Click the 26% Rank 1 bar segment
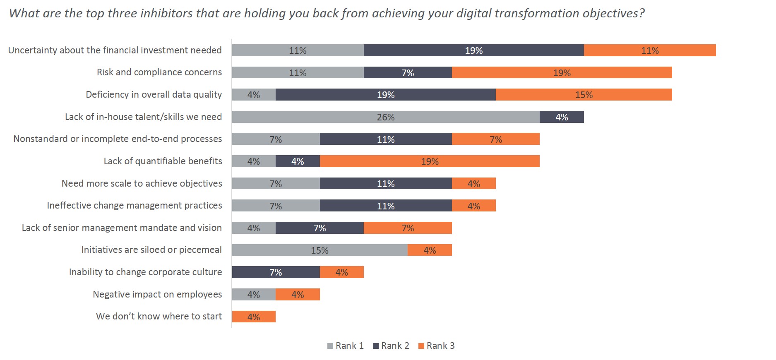386,117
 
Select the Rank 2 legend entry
391,346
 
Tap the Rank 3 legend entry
436,346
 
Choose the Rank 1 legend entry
345,346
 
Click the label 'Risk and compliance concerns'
159,72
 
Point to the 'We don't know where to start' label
159,317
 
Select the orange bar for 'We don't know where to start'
254,317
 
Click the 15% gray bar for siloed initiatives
320,250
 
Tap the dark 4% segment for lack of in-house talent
562,117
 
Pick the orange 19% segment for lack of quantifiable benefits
430,161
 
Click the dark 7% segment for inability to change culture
276,272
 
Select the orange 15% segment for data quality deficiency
584,95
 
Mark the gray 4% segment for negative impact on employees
254,295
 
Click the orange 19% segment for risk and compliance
562,73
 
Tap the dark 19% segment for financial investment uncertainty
474,50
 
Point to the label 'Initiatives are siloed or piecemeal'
151,250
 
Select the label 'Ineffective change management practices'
135,206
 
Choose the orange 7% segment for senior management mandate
408,228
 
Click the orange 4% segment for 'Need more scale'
474,183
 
